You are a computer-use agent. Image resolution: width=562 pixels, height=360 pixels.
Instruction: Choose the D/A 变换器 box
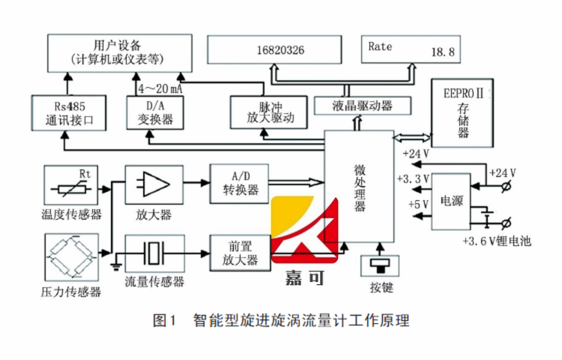(x=157, y=111)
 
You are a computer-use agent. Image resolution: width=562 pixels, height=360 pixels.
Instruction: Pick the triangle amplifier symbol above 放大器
(x=153, y=182)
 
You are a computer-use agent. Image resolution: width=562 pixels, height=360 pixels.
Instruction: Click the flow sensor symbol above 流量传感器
(x=154, y=253)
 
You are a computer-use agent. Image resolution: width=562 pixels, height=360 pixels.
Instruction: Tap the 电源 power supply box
(x=451, y=201)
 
